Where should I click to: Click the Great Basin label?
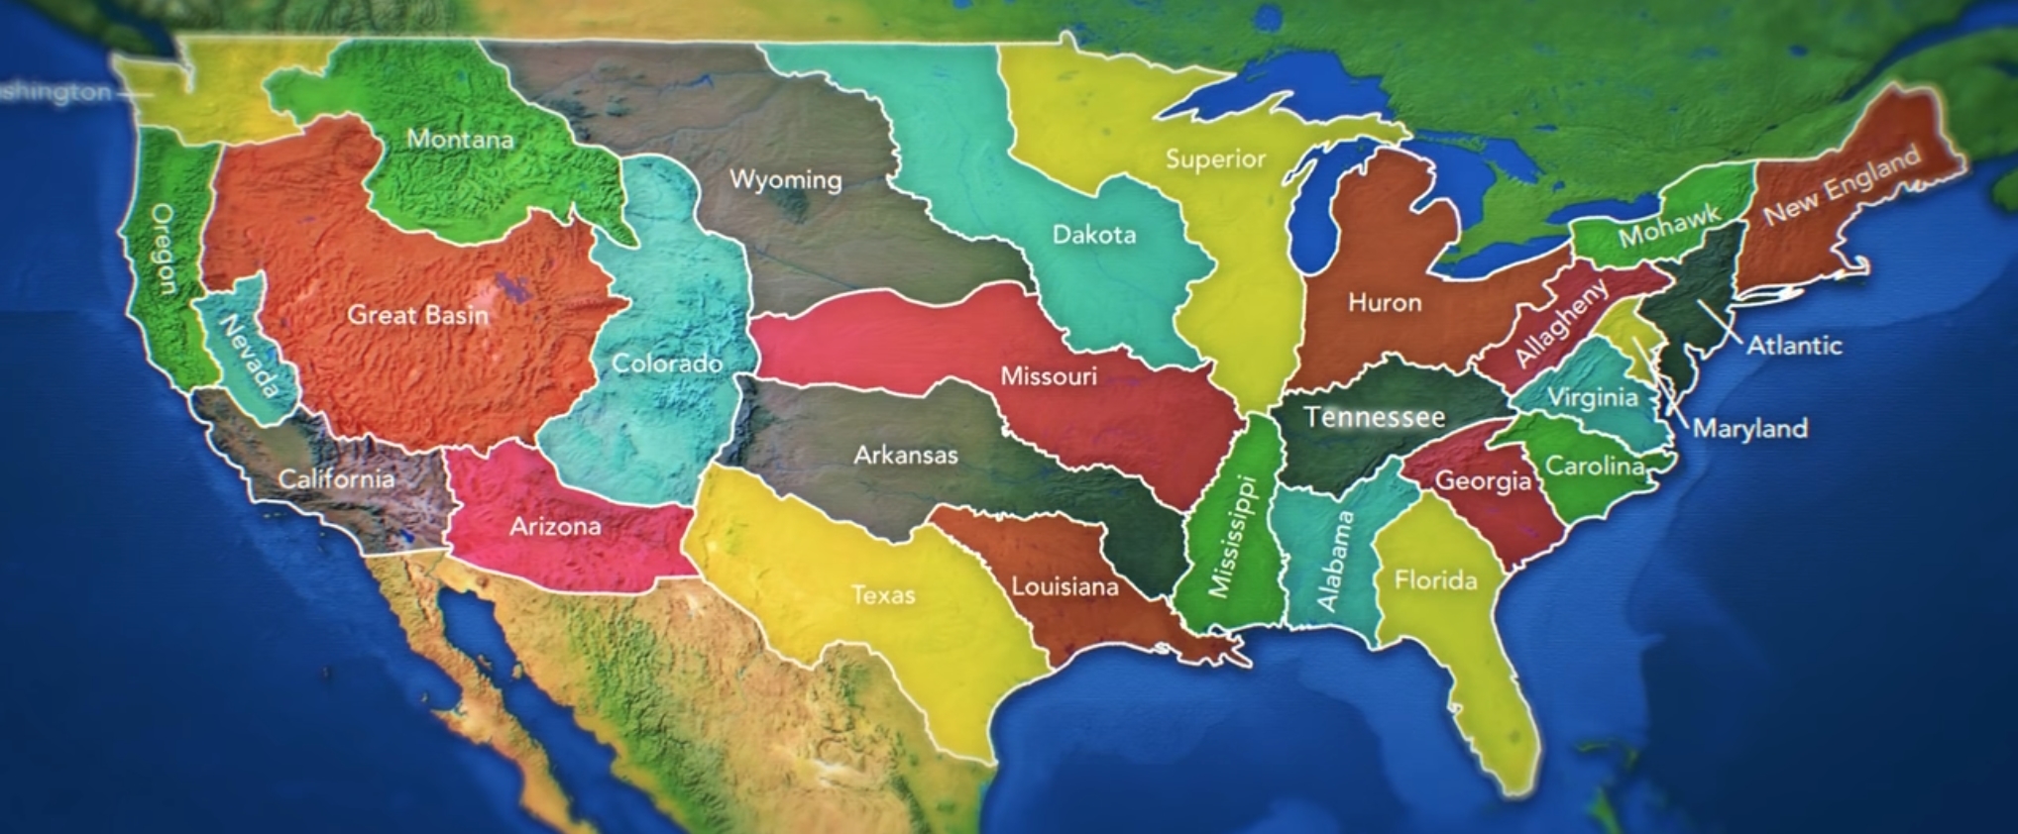[x=417, y=315]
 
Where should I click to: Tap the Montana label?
[x=460, y=140]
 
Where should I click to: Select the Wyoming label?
[x=785, y=180]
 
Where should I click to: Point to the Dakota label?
[x=1093, y=235]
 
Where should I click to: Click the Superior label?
[x=1215, y=158]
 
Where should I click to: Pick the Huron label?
[x=1384, y=302]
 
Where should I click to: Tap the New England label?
[x=1842, y=184]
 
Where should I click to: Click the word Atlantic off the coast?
[x=1793, y=346]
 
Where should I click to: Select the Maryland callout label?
[x=1749, y=428]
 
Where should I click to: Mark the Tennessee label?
[x=1374, y=417]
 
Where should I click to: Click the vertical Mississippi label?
[x=1231, y=536]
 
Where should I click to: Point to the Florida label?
[x=1435, y=579]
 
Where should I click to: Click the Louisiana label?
[x=1065, y=586]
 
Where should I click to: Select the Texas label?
[x=882, y=594]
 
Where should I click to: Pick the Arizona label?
[x=554, y=526]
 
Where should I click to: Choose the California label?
[x=335, y=479]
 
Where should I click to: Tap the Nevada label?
[x=248, y=355]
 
